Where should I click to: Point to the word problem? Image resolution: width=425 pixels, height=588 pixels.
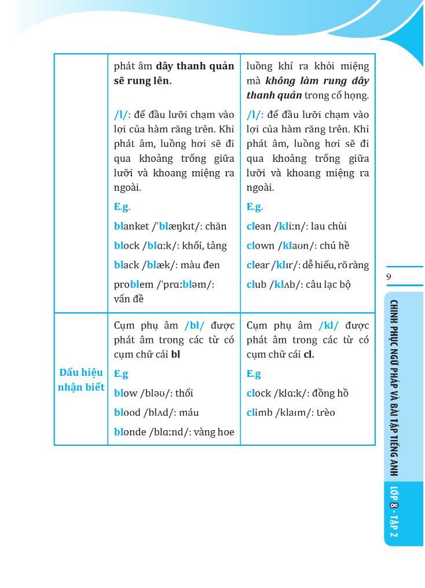click(134, 284)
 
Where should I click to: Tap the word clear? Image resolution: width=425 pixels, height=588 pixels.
click(258, 265)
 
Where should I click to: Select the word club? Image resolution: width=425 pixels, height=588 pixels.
click(257, 284)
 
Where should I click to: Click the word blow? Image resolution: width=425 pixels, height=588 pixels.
click(126, 393)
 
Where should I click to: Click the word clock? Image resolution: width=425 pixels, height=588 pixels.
click(259, 393)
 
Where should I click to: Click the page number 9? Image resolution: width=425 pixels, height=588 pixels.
click(389, 277)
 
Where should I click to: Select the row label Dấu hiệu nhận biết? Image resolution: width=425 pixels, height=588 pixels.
click(81, 380)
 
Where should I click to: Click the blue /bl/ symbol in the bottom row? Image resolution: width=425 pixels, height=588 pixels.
click(195, 325)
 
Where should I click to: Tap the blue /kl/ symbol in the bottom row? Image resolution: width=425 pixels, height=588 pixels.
click(328, 325)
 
